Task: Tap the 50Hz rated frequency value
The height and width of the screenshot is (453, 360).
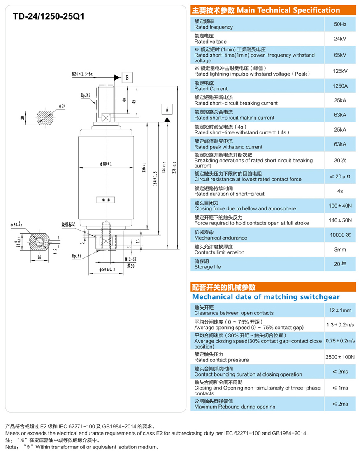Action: [340, 24]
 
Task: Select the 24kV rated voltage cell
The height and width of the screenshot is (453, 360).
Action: [340, 39]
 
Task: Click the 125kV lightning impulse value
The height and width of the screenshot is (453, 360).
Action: [340, 71]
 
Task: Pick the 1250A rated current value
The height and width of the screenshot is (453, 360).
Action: [340, 86]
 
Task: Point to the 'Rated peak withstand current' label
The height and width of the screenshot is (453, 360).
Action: [228, 147]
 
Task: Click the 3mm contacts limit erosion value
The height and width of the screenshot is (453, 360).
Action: [340, 250]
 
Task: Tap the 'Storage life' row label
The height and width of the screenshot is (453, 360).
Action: [207, 267]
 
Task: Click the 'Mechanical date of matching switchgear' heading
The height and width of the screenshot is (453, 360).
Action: [266, 296]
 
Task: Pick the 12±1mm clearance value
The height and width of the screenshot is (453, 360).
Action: [340, 310]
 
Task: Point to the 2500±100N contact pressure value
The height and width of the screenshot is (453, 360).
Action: [340, 357]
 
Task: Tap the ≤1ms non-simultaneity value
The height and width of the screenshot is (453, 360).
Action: [340, 388]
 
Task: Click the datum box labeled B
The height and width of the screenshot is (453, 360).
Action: [128, 77]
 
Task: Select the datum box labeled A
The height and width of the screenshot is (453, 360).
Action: [167, 109]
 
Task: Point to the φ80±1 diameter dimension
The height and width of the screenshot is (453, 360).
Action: [106, 164]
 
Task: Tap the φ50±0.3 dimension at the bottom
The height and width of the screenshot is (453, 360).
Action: [108, 269]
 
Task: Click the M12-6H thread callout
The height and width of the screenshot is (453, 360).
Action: [131, 259]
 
